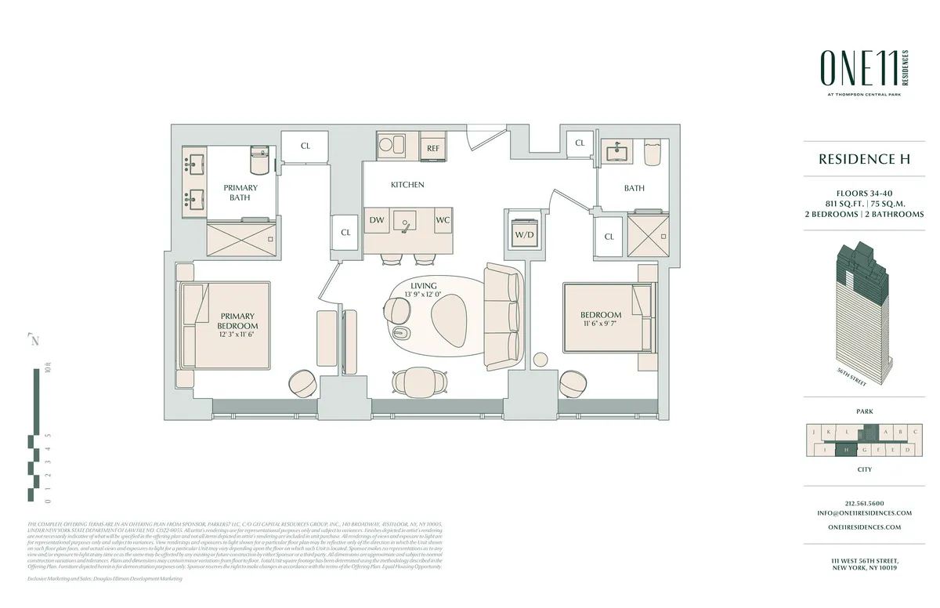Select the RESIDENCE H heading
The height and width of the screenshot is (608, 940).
pos(864,159)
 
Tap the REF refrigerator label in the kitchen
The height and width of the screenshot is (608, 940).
pos(433,148)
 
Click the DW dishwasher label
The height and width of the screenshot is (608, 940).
pos(376,221)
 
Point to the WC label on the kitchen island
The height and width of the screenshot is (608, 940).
pos(443,221)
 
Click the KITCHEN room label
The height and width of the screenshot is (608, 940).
pos(407,185)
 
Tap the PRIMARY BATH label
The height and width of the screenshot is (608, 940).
pos(240,193)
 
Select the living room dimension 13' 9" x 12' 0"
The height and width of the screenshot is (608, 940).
pos(422,295)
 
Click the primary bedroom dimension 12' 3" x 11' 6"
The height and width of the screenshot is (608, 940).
pos(238,334)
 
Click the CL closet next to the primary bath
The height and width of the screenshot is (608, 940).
pos(305,146)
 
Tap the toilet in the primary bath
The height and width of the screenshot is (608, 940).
pos(259,161)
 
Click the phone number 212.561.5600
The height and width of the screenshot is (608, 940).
pos(864,503)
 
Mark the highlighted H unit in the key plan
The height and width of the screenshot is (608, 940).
pos(847,450)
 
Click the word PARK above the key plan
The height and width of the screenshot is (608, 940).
pos(864,411)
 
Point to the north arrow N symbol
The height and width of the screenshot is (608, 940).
pos(34,340)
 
